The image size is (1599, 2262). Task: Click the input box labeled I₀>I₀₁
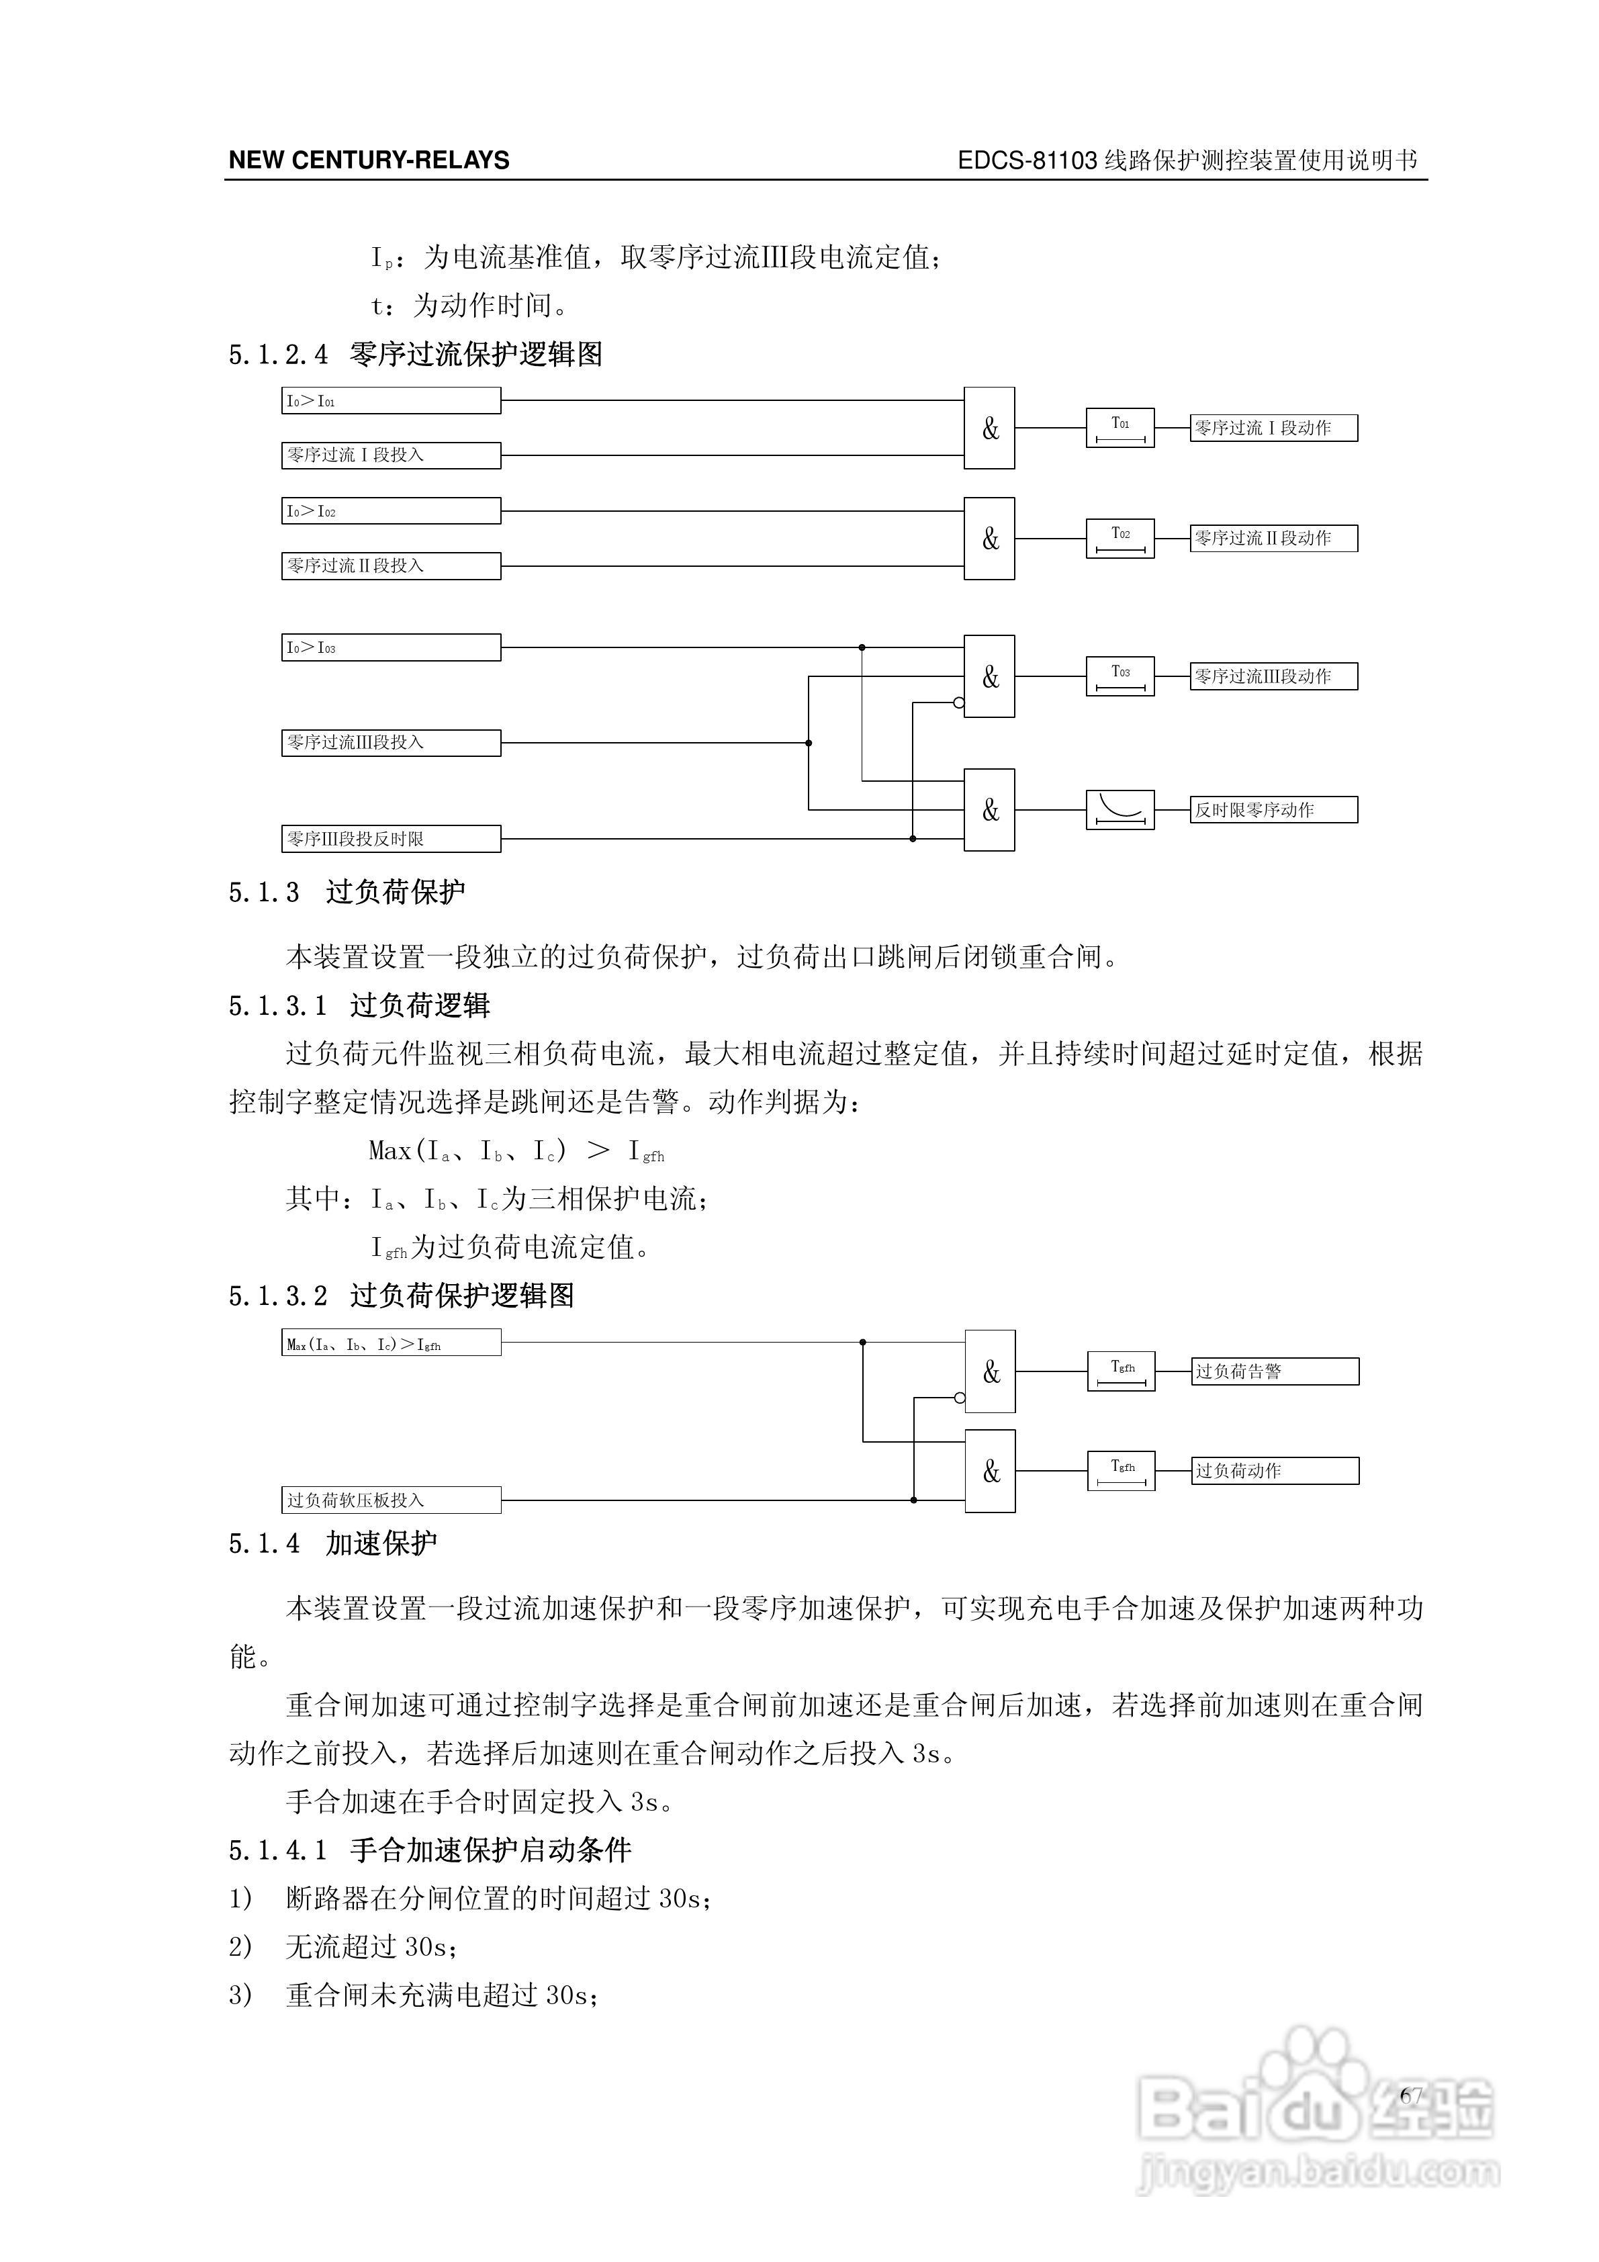pos(390,401)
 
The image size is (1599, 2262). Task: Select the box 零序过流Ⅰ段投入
pos(390,455)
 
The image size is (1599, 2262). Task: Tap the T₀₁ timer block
pos(1120,428)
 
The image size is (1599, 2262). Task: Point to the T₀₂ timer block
pos(1120,538)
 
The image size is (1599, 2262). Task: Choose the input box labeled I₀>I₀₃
pos(390,647)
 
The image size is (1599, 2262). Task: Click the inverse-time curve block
pos(1120,810)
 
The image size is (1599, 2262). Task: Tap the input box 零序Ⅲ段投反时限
pos(390,838)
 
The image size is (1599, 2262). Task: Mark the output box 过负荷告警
pos(1274,1371)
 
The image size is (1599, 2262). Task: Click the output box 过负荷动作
pos(1274,1471)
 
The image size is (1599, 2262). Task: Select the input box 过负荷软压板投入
pos(390,1500)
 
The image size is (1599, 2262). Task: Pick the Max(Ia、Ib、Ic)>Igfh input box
pos(390,1343)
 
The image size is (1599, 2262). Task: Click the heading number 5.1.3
pos(264,893)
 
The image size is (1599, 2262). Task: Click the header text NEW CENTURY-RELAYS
pos(369,161)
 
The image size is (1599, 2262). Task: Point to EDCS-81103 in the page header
pos(1027,161)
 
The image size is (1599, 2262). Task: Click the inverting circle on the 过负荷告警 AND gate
pos(960,1397)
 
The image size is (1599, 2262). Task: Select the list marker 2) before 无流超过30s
pos(240,1947)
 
